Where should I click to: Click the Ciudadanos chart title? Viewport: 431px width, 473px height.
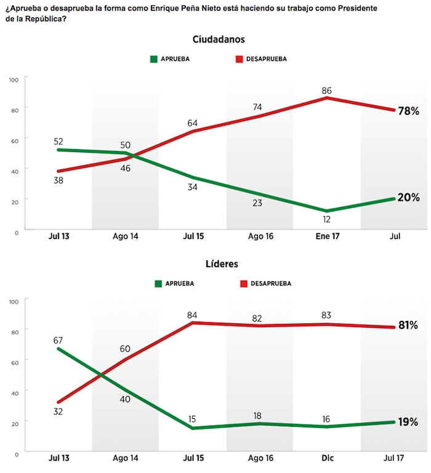[x=219, y=39]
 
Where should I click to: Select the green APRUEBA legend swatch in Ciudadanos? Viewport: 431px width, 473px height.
[x=154, y=59]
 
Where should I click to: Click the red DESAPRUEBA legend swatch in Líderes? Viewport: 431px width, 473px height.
[x=244, y=284]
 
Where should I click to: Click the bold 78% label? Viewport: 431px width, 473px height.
[x=408, y=111]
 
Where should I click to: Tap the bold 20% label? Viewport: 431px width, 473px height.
[x=408, y=198]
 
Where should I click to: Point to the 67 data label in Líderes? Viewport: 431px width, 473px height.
[x=60, y=339]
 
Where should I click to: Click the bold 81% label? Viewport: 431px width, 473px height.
[x=408, y=325]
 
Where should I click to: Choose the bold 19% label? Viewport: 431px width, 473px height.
[x=408, y=422]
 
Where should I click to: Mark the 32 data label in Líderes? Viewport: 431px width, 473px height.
[x=60, y=411]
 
